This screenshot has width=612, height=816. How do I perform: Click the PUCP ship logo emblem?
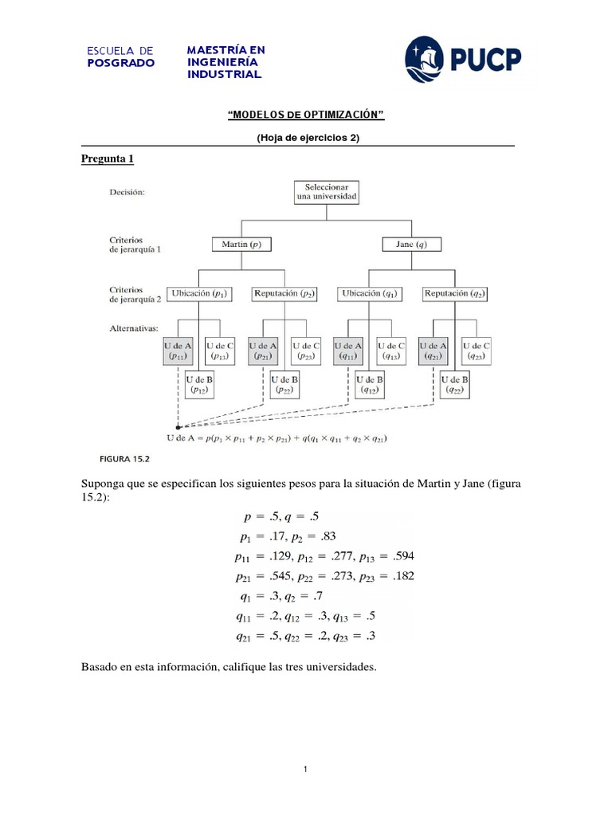coord(425,58)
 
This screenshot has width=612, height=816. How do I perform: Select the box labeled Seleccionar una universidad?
coord(327,191)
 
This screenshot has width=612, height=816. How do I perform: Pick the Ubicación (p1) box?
coord(199,294)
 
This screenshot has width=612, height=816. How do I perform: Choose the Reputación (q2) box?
coord(455,294)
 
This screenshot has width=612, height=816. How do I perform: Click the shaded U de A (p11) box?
coord(178,351)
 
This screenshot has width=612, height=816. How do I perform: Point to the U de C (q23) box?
coord(476,351)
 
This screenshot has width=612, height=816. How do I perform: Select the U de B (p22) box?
coord(284,385)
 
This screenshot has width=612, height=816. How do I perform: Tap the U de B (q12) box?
coord(370,385)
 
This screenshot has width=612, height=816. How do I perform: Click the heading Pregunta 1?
coord(108,159)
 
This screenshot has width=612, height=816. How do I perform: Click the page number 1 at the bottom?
coord(305,770)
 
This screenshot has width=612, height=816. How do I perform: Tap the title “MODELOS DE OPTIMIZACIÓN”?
coord(306,116)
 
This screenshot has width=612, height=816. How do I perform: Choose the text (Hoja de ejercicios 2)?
coord(308,137)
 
